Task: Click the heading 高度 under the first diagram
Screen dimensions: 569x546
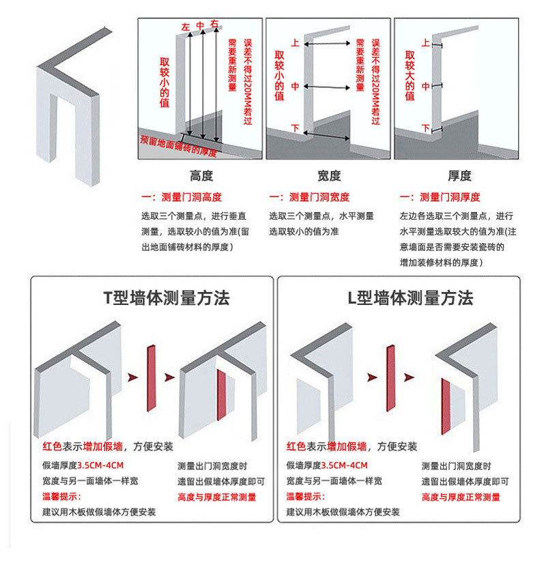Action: point(201,176)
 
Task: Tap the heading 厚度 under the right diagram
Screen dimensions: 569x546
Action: point(459,176)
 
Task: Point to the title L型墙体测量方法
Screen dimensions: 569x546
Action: point(410,298)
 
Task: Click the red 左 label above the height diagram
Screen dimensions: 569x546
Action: point(185,27)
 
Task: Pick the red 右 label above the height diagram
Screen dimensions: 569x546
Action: point(215,25)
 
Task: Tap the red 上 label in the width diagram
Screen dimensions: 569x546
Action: point(295,42)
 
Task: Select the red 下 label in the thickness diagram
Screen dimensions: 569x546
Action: point(425,128)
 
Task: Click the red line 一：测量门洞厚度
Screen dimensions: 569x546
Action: point(440,198)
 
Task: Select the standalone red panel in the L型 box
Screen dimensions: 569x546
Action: point(390,379)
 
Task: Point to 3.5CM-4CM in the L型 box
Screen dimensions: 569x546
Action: point(345,466)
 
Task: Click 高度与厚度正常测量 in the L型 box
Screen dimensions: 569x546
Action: point(461,497)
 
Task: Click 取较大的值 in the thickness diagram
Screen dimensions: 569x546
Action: point(409,75)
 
